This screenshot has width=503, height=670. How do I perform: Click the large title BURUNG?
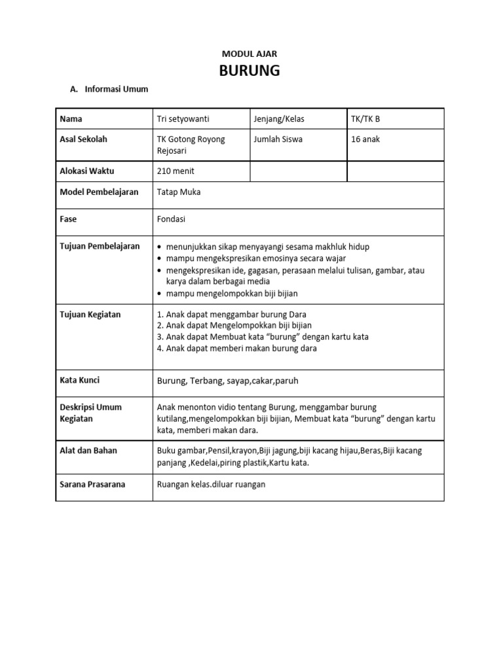click(x=250, y=71)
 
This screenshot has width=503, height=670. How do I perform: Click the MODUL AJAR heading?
click(x=250, y=54)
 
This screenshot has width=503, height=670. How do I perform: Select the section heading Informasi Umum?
click(x=115, y=89)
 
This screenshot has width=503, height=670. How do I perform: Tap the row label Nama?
click(x=71, y=119)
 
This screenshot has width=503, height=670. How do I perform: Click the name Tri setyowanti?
click(x=183, y=119)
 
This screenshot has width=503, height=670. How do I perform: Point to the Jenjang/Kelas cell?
click(x=279, y=119)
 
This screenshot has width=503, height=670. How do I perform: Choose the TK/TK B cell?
click(x=365, y=119)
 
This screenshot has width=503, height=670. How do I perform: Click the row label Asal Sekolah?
click(x=83, y=139)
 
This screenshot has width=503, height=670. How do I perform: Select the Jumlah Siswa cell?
click(x=278, y=139)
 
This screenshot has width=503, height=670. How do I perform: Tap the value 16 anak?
click(x=365, y=139)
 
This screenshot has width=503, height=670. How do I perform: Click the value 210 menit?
click(x=176, y=171)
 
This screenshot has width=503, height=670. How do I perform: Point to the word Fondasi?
click(x=172, y=219)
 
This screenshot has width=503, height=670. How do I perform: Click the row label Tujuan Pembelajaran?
click(x=100, y=246)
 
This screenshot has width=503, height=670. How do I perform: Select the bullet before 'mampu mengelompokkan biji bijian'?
click(x=160, y=294)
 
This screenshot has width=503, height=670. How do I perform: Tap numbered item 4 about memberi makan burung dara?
click(x=237, y=348)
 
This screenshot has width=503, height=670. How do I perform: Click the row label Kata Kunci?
click(x=80, y=380)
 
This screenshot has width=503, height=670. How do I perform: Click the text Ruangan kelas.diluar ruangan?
click(x=212, y=485)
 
